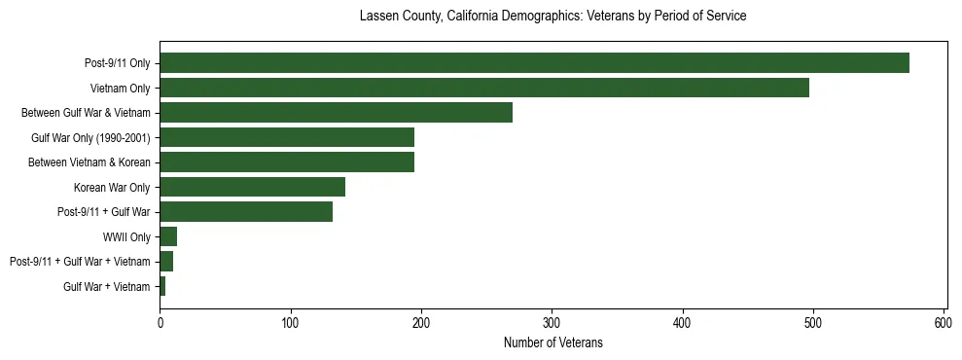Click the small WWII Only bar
coord(168,236)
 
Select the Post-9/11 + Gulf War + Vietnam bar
coord(166,262)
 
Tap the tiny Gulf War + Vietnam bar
coord(162,286)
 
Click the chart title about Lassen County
coord(552,17)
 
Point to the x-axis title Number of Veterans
coord(552,342)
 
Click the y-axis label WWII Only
coord(126,237)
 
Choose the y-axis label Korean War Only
coord(112,188)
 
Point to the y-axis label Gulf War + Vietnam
coord(107,287)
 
